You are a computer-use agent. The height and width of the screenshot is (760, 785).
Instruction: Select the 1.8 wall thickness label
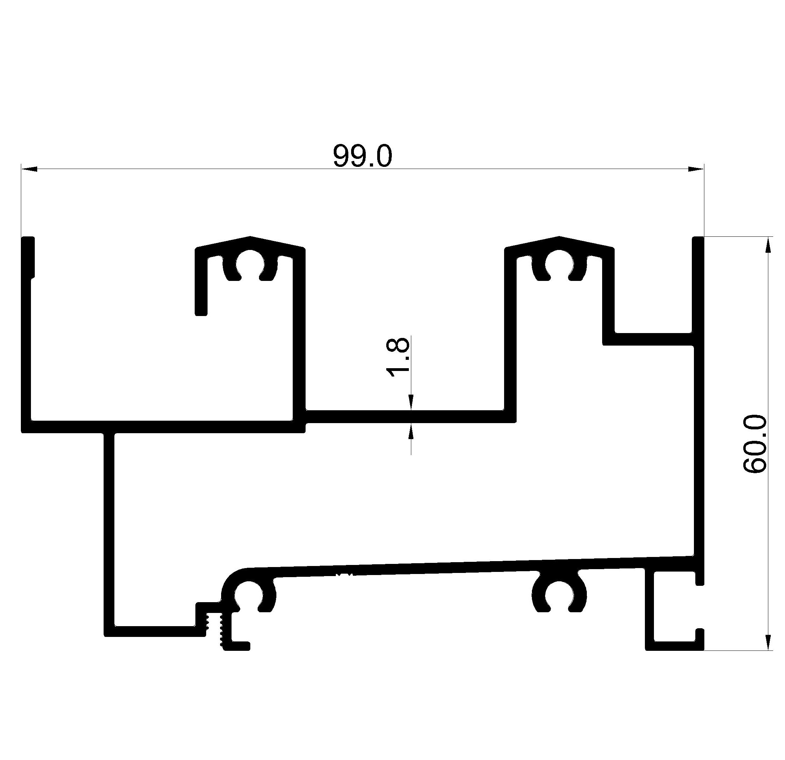[x=398, y=358]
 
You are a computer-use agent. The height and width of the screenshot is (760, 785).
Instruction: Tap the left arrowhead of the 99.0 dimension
[x=29, y=169]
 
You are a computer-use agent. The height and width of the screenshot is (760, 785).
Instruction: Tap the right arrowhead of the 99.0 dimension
[x=696, y=169]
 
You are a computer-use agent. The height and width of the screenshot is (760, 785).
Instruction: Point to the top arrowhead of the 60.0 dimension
[x=767, y=245]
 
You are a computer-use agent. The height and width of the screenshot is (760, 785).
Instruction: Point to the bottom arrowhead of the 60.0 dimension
[x=767, y=642]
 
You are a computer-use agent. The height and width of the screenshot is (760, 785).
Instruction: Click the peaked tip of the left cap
[x=250, y=237]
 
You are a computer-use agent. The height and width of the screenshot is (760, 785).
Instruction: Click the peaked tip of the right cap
[x=559, y=237]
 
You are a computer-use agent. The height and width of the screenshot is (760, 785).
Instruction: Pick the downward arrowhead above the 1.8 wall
[x=411, y=402]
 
